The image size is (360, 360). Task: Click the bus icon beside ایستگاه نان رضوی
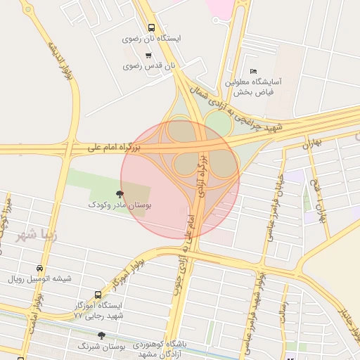click(x=151, y=29)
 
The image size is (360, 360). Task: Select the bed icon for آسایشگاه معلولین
click(x=254, y=72)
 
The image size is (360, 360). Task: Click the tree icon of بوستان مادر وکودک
click(x=120, y=193)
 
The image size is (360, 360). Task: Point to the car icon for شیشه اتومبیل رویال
click(x=39, y=269)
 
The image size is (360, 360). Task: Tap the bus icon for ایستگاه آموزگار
click(x=98, y=295)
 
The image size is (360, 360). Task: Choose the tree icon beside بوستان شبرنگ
click(x=101, y=336)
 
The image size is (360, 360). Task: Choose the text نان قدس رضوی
click(x=159, y=66)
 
